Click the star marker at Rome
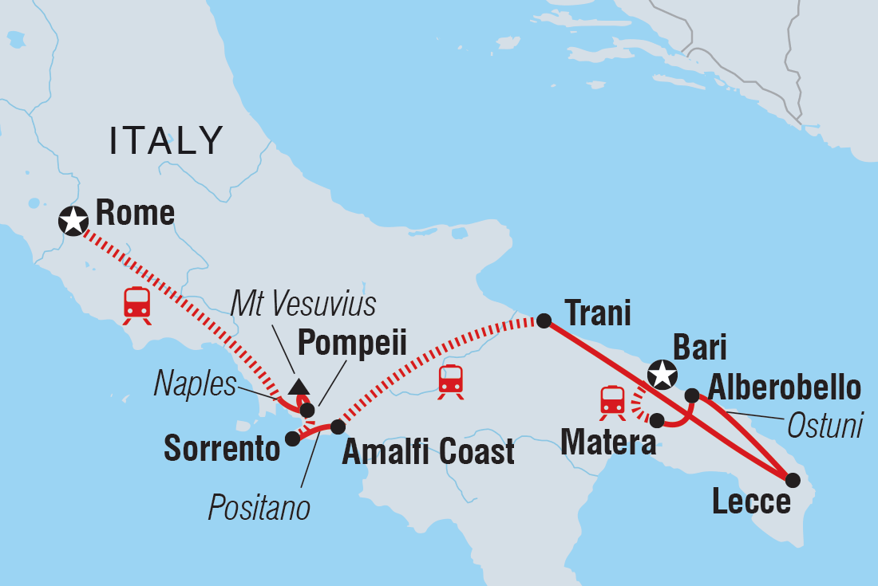(x=73, y=221)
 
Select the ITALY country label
(x=167, y=141)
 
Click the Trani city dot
(x=544, y=321)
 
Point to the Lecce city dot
(x=793, y=480)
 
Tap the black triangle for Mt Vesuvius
(x=299, y=387)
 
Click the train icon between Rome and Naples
(x=137, y=305)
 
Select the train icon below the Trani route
(x=451, y=381)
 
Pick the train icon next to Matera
(x=612, y=401)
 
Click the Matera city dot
(x=657, y=420)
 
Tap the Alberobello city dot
(x=692, y=395)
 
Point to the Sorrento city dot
(x=293, y=438)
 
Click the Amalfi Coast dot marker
(x=338, y=427)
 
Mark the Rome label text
(x=135, y=214)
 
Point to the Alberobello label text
(x=785, y=388)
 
